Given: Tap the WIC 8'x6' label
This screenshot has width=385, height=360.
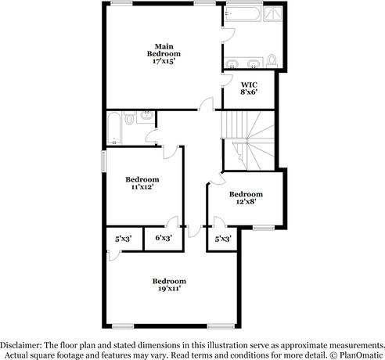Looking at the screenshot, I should click(249, 88).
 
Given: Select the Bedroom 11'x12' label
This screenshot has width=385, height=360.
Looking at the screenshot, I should click(142, 183).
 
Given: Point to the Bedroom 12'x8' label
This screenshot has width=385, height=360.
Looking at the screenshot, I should click(246, 197).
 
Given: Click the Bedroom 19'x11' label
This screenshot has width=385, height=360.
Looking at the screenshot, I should click(169, 284).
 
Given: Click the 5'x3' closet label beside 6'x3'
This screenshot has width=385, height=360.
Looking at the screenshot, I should click(124, 238).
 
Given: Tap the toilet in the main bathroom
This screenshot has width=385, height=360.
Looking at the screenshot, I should click(272, 60).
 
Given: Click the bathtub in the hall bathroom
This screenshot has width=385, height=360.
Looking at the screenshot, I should click(113, 129).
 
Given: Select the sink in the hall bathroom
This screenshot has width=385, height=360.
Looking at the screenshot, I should click(146, 117).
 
